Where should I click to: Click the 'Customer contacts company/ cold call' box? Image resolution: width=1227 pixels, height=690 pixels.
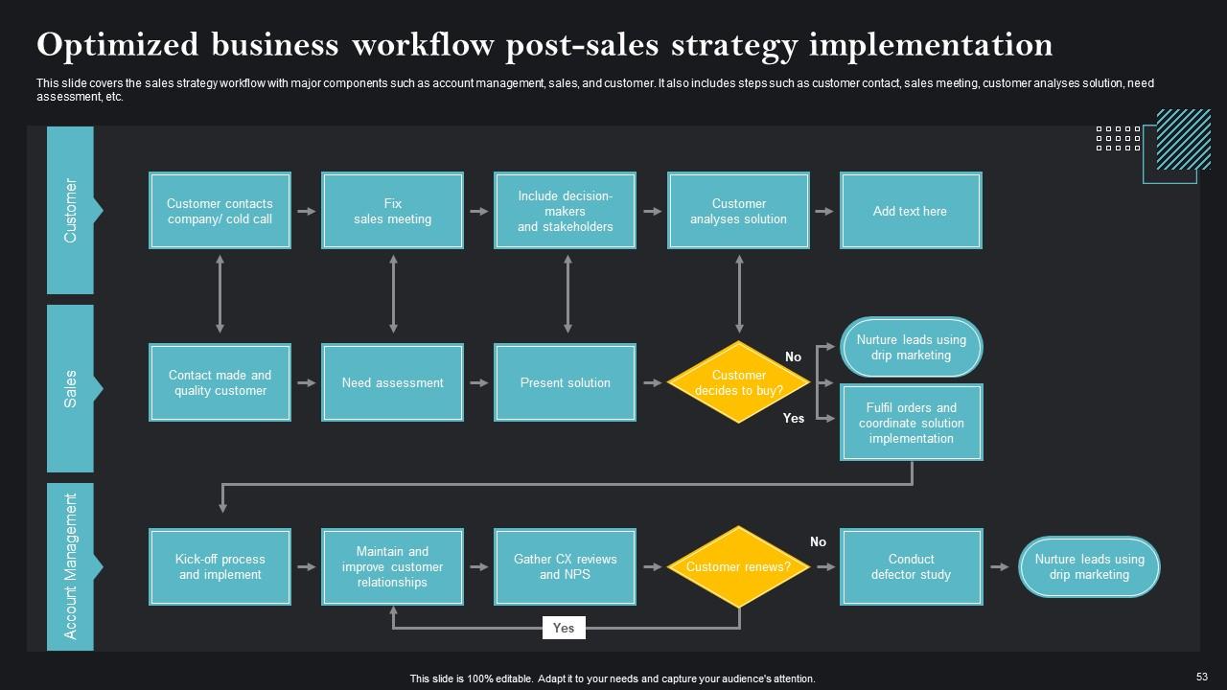click(x=220, y=211)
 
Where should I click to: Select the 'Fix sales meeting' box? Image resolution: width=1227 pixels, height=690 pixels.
click(x=392, y=211)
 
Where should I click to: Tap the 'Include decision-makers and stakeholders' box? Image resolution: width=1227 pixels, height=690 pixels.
click(x=565, y=211)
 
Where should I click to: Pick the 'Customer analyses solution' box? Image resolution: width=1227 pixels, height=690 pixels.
click(x=738, y=211)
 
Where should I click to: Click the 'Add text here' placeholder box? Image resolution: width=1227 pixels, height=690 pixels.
click(x=910, y=211)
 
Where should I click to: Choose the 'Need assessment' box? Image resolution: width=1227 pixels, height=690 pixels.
click(x=392, y=382)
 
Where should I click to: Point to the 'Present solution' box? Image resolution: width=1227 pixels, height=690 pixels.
click(x=565, y=382)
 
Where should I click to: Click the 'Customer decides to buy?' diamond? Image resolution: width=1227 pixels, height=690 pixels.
click(x=738, y=382)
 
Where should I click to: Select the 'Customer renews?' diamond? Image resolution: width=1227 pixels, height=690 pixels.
click(x=738, y=566)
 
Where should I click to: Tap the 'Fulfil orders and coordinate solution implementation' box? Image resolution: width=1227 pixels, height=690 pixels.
click(x=911, y=423)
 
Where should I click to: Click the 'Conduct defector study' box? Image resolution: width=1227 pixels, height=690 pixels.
click(x=911, y=566)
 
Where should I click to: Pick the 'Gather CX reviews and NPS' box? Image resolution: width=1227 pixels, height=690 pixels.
click(x=565, y=566)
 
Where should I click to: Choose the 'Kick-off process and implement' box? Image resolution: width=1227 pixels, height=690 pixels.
click(x=220, y=566)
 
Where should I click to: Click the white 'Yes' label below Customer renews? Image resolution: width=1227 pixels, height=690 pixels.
click(x=564, y=628)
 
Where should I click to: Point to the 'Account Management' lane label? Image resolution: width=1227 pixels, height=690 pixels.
click(x=70, y=566)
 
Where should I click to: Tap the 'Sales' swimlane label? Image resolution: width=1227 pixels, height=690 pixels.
click(x=70, y=388)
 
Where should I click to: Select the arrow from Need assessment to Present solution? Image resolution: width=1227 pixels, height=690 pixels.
click(x=478, y=382)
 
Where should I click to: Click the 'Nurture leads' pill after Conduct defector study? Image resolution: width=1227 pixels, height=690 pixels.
click(x=1089, y=566)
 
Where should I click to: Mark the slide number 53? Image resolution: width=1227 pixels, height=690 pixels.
click(x=1202, y=675)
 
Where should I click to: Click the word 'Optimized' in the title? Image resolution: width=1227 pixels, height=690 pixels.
click(x=118, y=45)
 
